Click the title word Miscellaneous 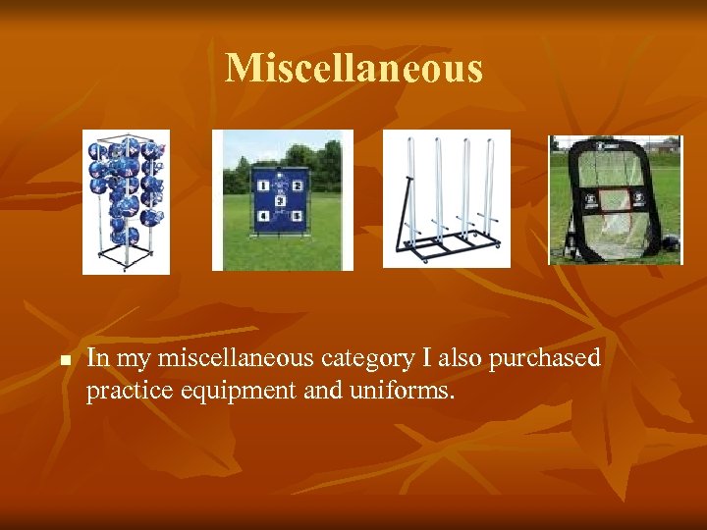353,69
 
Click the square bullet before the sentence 61,362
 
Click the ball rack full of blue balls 126,201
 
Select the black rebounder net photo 615,200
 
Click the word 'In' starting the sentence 97,359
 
